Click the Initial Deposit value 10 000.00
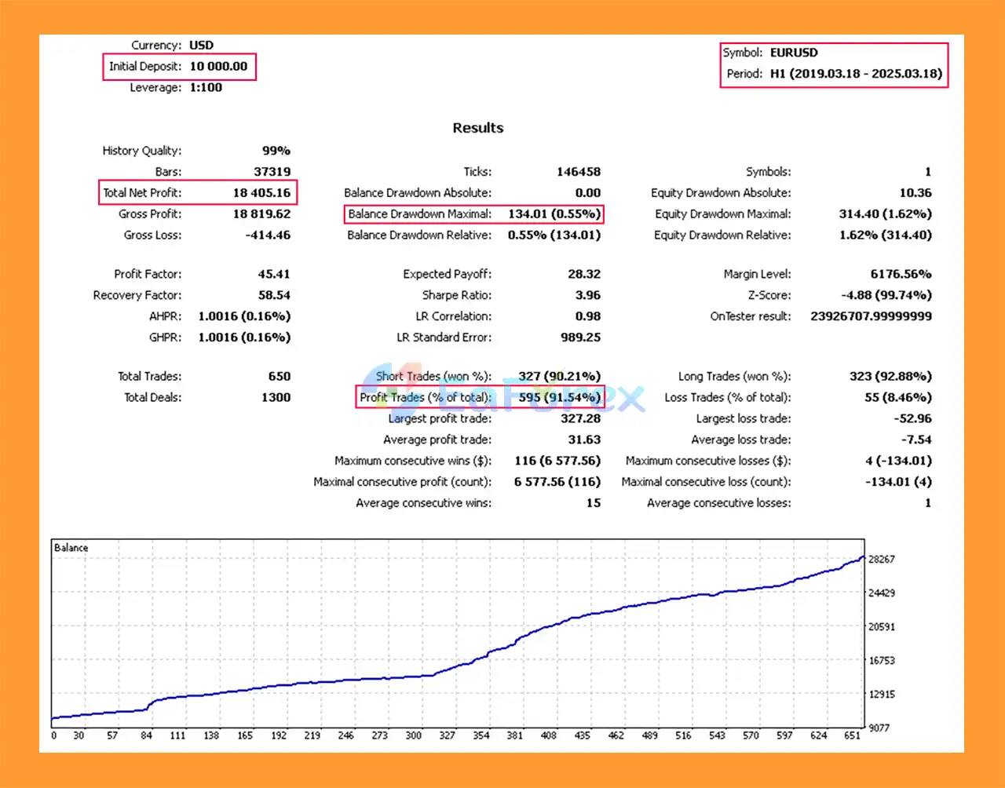pyautogui.click(x=218, y=67)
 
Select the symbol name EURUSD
pyautogui.click(x=794, y=53)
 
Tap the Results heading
pyautogui.click(x=477, y=128)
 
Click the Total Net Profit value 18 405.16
pyautogui.click(x=261, y=193)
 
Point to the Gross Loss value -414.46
pyautogui.click(x=266, y=235)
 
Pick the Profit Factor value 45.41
pyautogui.click(x=274, y=275)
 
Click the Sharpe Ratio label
pyautogui.click(x=457, y=296)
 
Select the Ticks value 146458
pyautogui.click(x=579, y=172)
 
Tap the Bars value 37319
pyautogui.click(x=272, y=172)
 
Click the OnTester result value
pyautogui.click(x=871, y=317)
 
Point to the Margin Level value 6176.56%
pyautogui.click(x=901, y=275)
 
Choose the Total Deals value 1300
pyautogui.click(x=276, y=398)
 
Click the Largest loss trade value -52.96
pyautogui.click(x=912, y=419)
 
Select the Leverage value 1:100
pyautogui.click(x=206, y=88)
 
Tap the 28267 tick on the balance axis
pyautogui.click(x=882, y=560)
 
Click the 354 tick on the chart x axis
pyautogui.click(x=481, y=736)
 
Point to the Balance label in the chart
pyautogui.click(x=71, y=548)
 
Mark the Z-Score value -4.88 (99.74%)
pyautogui.click(x=886, y=296)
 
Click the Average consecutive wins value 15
pyautogui.click(x=594, y=504)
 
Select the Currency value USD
pyautogui.click(x=201, y=46)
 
